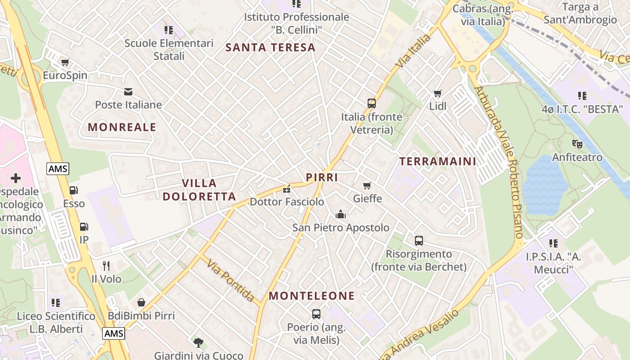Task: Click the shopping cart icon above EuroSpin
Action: (x=65, y=62)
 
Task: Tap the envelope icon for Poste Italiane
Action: (x=128, y=92)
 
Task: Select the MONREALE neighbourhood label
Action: (x=122, y=127)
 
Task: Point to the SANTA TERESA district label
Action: (x=270, y=48)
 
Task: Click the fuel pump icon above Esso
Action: (x=74, y=191)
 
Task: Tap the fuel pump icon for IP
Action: (x=84, y=227)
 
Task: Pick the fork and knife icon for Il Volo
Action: (x=106, y=266)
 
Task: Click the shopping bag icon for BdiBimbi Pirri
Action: (x=141, y=302)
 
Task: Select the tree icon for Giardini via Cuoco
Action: (x=198, y=343)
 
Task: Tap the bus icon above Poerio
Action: (x=316, y=314)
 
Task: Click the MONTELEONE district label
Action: (x=311, y=296)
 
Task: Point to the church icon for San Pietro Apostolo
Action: (x=341, y=214)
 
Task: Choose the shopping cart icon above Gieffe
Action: (x=367, y=185)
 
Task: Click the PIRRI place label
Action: (x=322, y=177)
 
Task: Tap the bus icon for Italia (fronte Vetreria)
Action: (x=372, y=103)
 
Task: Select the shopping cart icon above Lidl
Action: (x=437, y=94)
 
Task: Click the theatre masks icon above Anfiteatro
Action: (x=577, y=144)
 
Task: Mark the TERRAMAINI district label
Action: (x=437, y=162)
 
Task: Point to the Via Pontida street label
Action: (x=231, y=280)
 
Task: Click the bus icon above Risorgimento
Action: (x=419, y=241)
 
